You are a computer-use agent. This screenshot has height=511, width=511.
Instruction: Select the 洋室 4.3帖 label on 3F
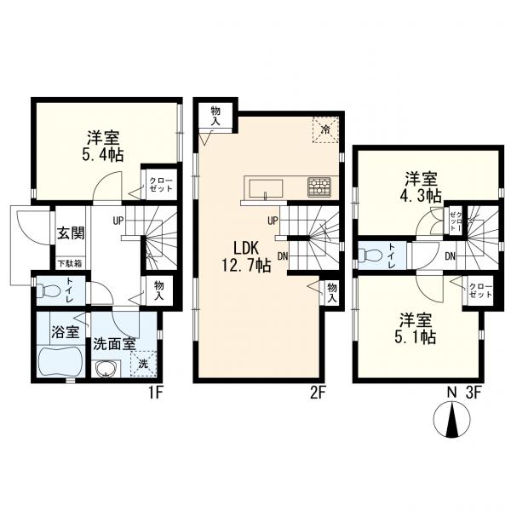(422, 186)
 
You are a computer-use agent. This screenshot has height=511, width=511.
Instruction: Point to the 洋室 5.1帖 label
(418, 327)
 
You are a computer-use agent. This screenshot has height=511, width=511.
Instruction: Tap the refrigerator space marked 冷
(326, 129)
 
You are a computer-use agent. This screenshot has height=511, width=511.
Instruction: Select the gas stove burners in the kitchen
(320, 184)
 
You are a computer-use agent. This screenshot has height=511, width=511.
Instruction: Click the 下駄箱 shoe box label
(69, 263)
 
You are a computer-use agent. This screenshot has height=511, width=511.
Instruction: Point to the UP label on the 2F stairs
(273, 221)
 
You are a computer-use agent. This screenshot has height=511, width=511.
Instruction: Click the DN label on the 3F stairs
(450, 255)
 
